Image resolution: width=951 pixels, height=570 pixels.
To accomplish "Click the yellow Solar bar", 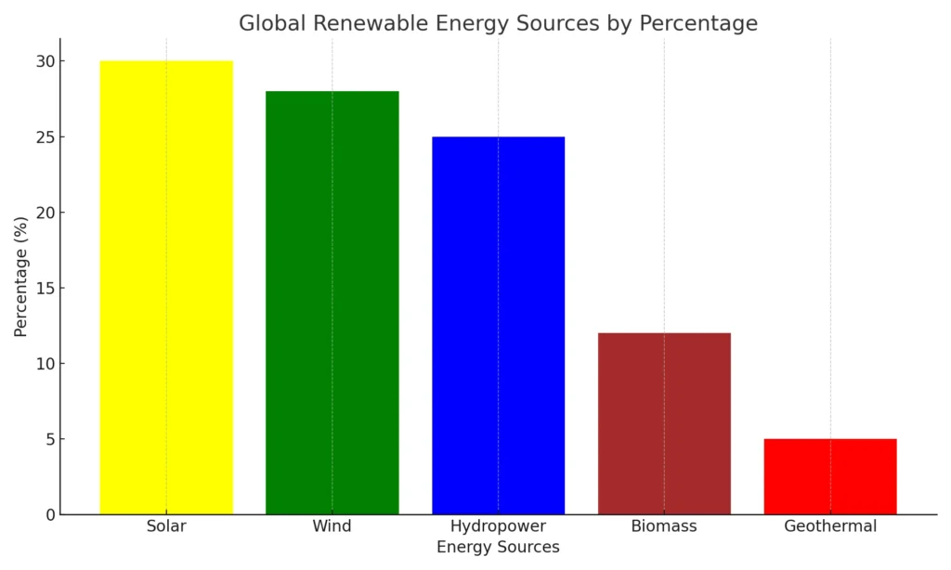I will coord(166,287).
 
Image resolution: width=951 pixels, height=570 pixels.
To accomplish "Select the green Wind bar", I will coord(332,302).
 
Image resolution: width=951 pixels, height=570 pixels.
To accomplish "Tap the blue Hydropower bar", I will coord(498,325).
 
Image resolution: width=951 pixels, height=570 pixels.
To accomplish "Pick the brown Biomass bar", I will coord(664,423).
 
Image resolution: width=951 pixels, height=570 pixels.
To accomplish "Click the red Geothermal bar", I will coord(830,476).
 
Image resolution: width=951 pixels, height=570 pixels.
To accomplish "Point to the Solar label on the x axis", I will coord(166,526).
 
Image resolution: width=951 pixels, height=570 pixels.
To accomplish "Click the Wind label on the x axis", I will coord(332,526).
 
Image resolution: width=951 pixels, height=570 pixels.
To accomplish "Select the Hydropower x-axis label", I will coord(498,526).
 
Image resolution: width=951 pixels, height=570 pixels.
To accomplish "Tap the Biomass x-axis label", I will coord(664,526).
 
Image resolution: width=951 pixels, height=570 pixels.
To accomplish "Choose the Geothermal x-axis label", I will coord(830,526).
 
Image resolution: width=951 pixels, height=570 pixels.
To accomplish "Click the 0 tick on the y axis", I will coord(48,514).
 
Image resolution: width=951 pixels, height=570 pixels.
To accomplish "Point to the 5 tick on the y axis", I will coord(48,439).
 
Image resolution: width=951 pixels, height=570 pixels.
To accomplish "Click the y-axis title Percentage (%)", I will coord(20,277).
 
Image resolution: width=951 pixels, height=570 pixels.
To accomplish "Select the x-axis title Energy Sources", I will coord(498,548).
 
